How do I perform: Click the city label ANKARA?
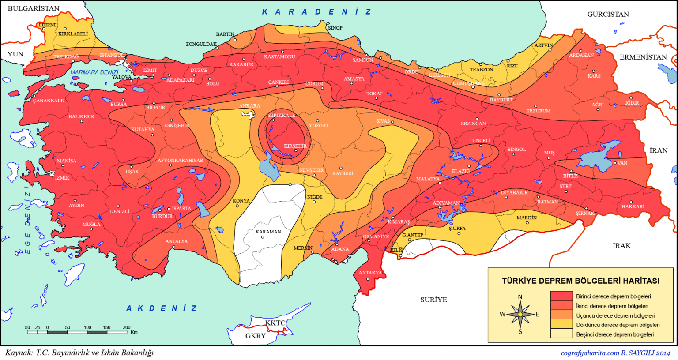tap(249, 106)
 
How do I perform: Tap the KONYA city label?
tap(241, 201)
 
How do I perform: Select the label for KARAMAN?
tap(268, 232)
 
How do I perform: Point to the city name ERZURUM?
tap(538, 111)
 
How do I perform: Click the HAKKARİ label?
tap(633, 206)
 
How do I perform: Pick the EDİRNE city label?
tap(48, 25)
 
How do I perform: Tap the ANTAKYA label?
tap(370, 273)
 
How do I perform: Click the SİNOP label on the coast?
tap(335, 28)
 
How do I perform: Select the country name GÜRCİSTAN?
tap(608, 14)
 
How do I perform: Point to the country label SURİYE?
tap(433, 300)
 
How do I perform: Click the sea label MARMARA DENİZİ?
tap(94, 72)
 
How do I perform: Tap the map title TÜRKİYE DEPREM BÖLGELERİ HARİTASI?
tap(580, 281)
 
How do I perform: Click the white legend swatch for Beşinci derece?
tap(561, 334)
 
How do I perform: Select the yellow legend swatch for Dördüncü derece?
tap(561, 324)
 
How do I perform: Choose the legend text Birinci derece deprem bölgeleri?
tap(613, 296)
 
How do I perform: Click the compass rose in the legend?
tap(520, 314)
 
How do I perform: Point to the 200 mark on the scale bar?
tap(127, 327)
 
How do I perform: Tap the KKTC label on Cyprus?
tap(275, 323)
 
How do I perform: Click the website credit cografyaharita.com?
tap(590, 353)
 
